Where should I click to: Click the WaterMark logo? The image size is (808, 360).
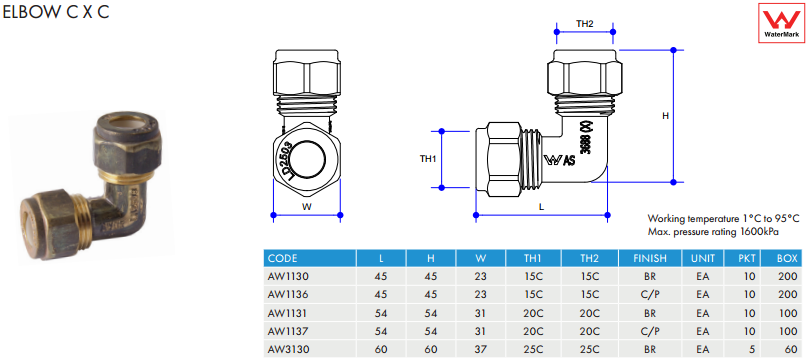(x=782, y=23)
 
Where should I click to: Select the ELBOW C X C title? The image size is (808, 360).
(x=56, y=12)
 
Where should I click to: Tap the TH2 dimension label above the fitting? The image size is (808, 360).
(x=584, y=23)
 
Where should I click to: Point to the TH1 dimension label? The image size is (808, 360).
(x=428, y=159)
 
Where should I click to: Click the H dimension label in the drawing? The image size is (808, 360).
(x=665, y=116)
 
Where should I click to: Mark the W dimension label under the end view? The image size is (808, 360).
(x=307, y=207)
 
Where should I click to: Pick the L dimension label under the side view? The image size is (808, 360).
(x=541, y=207)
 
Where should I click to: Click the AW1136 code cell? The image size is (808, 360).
(x=288, y=295)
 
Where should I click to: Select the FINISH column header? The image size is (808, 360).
(x=650, y=258)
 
